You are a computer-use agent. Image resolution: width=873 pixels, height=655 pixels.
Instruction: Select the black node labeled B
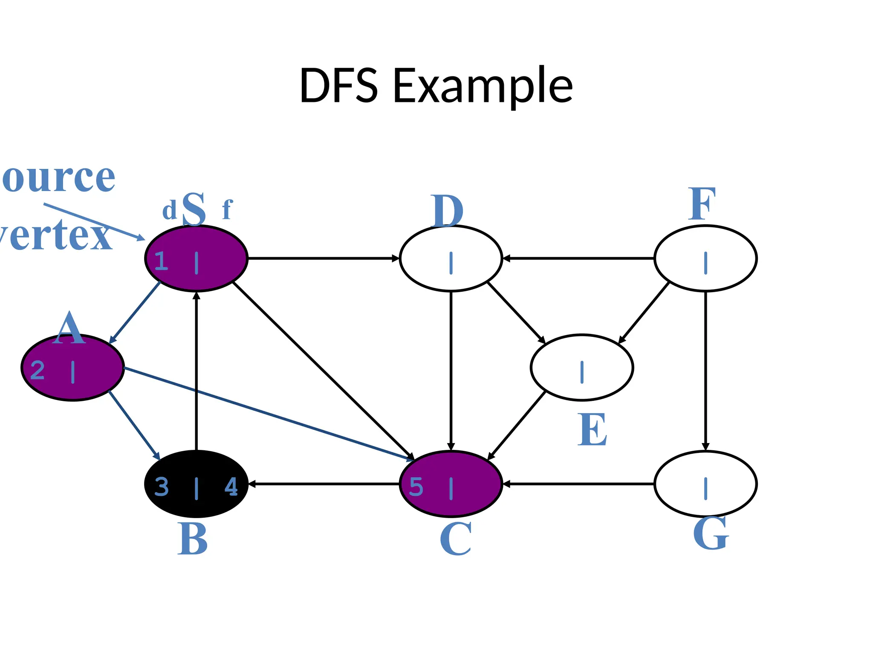196,484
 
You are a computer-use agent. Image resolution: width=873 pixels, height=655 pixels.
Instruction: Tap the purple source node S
196,258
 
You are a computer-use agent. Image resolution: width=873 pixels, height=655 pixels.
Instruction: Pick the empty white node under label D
451,258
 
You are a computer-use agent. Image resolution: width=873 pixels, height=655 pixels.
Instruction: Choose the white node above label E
582,367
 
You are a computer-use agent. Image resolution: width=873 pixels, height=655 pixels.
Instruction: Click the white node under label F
705,258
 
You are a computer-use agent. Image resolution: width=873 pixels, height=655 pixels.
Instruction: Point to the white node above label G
705,484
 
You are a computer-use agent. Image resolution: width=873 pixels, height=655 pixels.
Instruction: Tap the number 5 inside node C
416,487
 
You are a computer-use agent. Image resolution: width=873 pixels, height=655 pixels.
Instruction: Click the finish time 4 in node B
231,487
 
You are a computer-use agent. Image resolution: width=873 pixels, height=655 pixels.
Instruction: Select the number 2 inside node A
38,370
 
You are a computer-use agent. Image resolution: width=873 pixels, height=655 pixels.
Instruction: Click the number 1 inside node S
161,261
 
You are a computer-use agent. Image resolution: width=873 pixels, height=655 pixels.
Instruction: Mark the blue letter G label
711,533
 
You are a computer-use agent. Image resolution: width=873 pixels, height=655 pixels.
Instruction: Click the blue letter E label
592,429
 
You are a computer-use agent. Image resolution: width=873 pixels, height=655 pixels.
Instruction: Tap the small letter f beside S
227,209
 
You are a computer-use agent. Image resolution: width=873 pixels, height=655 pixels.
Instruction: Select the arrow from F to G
705,371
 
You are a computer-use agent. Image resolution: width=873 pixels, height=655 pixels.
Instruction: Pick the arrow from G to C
578,484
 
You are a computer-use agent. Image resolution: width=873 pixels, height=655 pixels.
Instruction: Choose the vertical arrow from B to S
196,371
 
